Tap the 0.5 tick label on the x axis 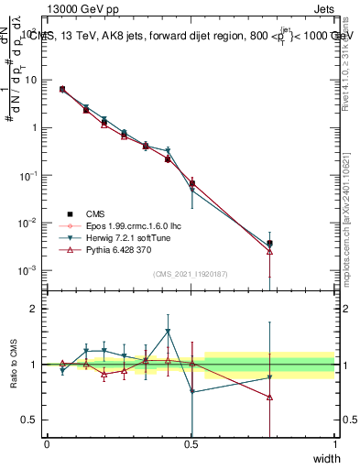tap(191, 444)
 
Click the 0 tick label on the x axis tap(47, 444)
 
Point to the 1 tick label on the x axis tap(335, 444)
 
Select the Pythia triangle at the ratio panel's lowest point tap(269, 397)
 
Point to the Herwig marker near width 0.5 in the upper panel tap(191, 191)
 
